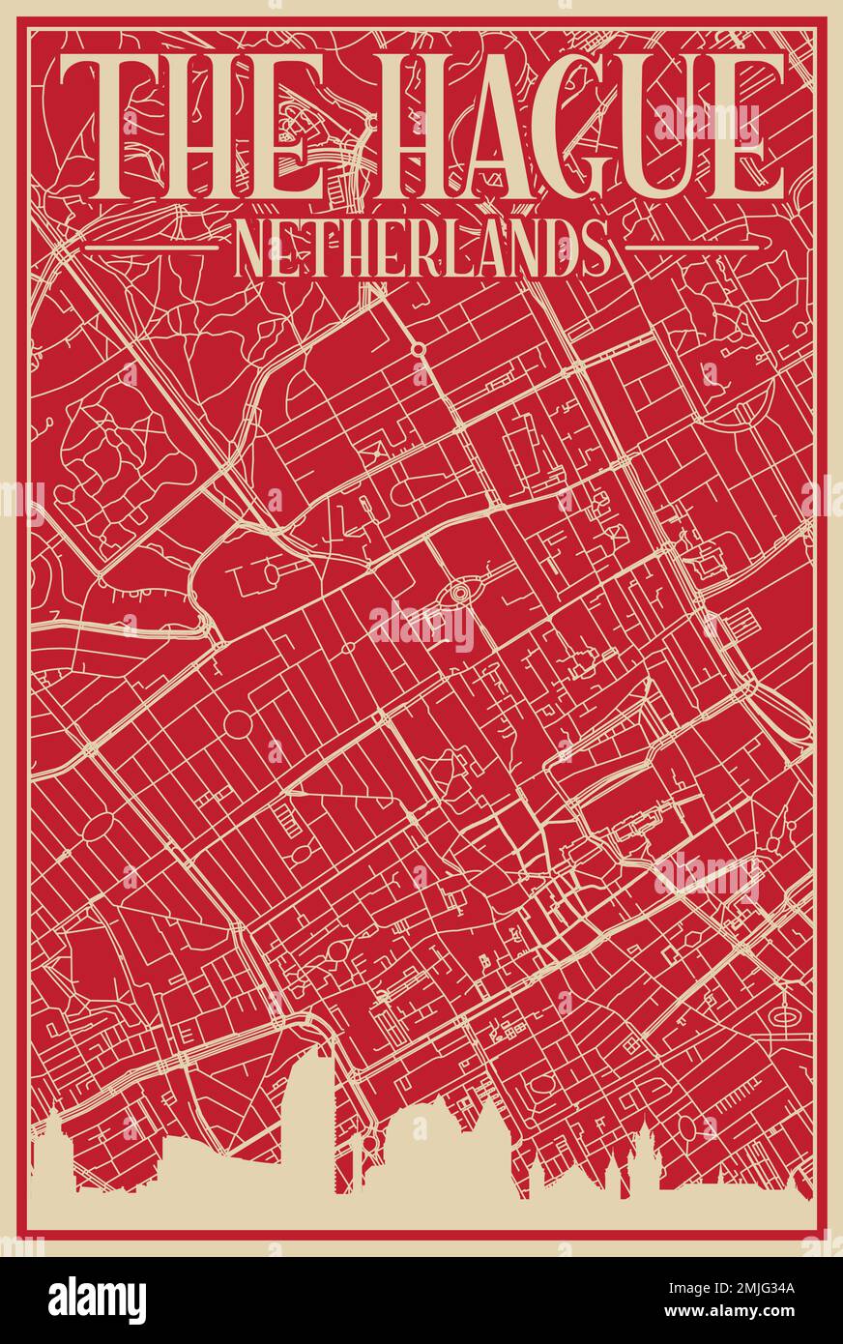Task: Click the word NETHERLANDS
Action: [x=422, y=248]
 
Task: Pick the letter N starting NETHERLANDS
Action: [x=251, y=248]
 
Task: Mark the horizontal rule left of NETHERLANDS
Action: [x=152, y=248]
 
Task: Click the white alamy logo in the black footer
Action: [x=97, y=1300]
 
